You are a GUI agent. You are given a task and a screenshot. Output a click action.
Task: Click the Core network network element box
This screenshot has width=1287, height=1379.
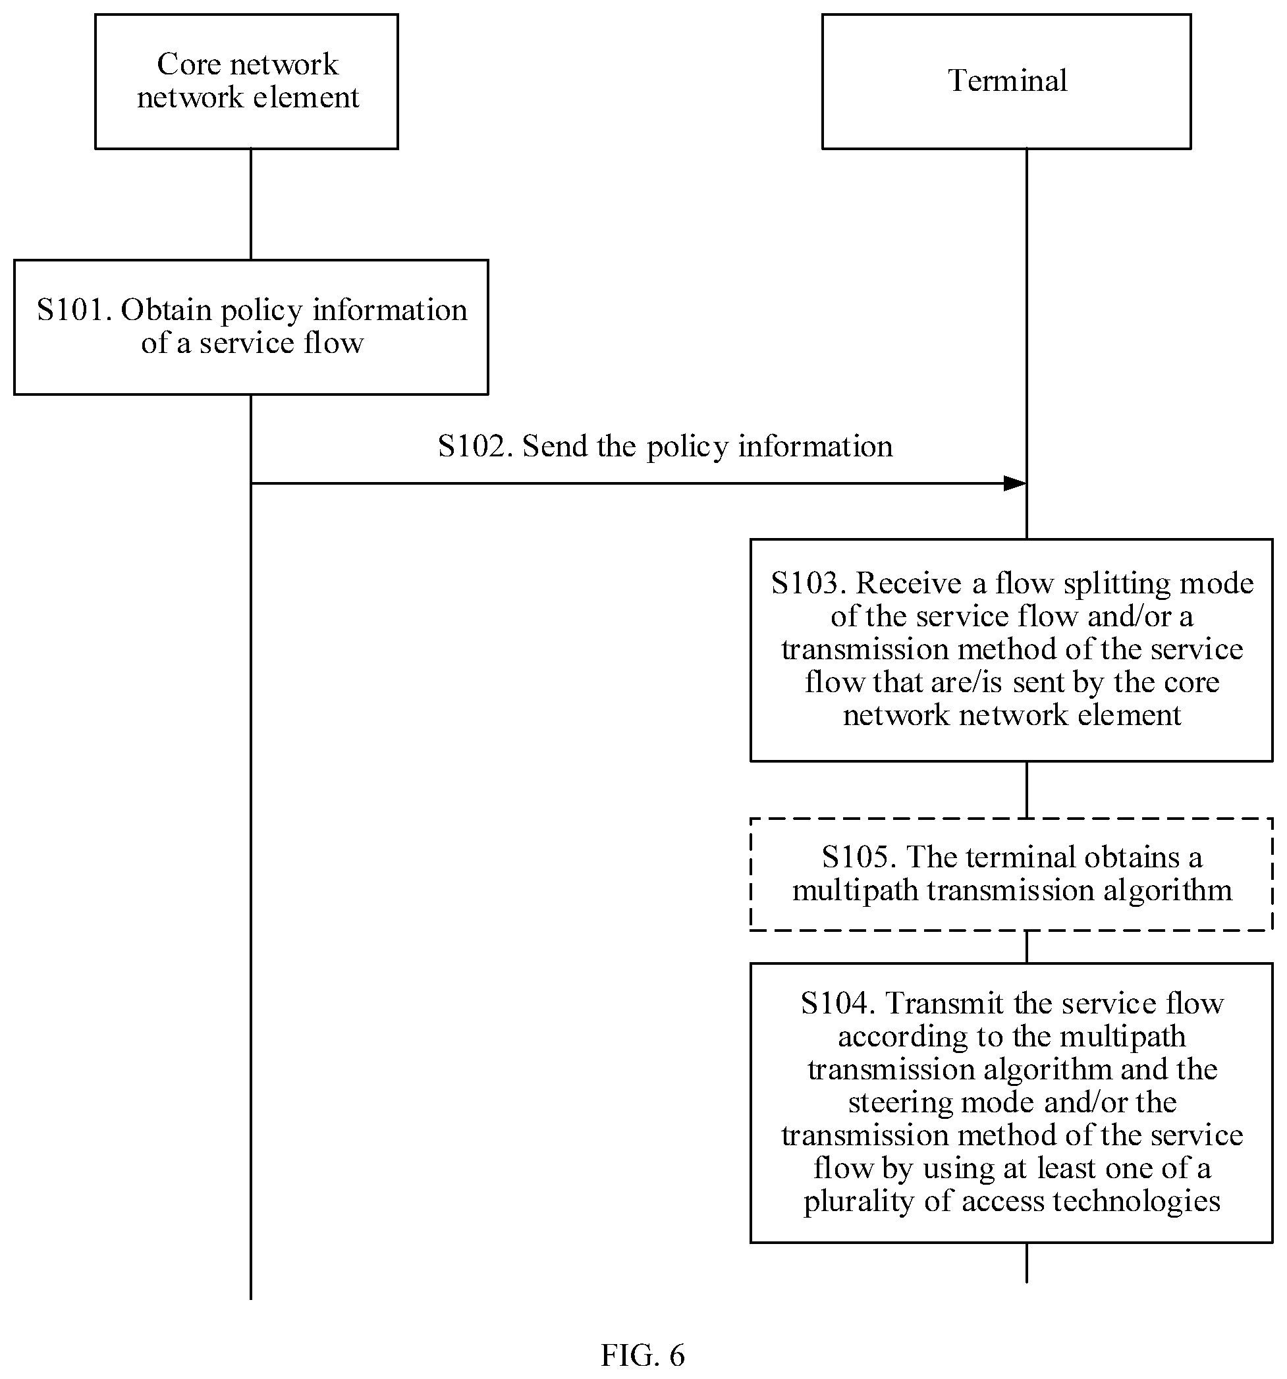pos(246,81)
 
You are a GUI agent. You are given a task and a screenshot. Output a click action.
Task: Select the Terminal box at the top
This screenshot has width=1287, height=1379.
pos(1006,81)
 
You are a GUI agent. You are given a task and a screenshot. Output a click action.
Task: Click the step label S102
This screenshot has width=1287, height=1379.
pos(476,446)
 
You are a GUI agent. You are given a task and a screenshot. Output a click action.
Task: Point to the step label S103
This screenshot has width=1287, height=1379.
pos(808,583)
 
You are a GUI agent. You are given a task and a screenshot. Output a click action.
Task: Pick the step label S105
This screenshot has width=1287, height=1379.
pos(859,857)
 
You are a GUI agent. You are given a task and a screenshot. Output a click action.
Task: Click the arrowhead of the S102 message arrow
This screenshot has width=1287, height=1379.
pos(1015,483)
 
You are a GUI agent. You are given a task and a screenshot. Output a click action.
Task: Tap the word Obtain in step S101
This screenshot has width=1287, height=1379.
pos(167,310)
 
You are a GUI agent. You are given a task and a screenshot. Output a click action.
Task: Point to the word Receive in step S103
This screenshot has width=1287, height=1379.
pos(909,583)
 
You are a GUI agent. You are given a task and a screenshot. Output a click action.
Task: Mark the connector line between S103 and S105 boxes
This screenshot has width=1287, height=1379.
pos(1026,790)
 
